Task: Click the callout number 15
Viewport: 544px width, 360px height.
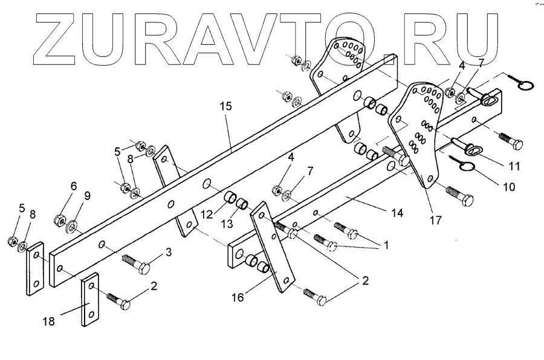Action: [x=225, y=106]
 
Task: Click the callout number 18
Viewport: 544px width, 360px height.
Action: [x=48, y=322]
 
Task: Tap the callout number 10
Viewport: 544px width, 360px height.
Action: [x=508, y=187]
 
